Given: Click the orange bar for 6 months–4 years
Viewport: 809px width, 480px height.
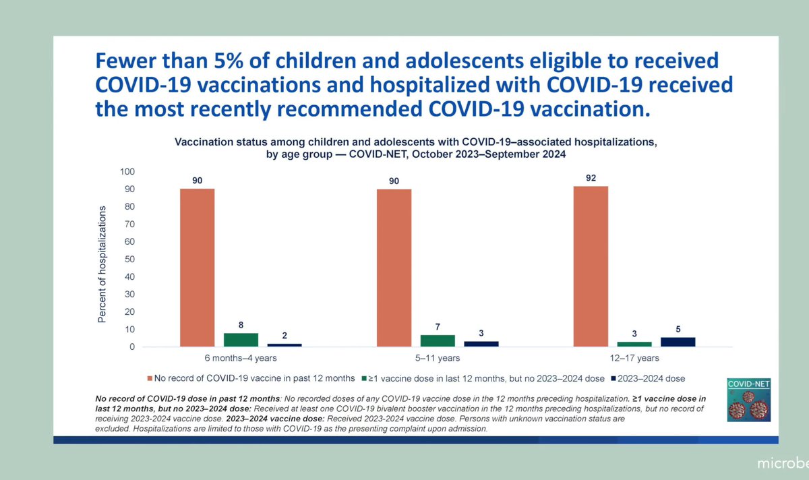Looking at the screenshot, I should click(197, 268).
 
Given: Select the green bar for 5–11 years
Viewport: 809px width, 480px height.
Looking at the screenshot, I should click(438, 340).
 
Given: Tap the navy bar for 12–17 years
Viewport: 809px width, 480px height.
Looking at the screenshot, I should click(678, 342).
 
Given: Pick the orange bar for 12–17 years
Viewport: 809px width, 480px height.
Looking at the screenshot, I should click(591, 266).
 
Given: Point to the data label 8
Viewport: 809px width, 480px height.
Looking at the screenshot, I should click(241, 325).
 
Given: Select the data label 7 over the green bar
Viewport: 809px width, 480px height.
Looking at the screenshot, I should click(438, 327).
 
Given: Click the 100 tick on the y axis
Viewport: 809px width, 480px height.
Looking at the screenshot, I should click(127, 172).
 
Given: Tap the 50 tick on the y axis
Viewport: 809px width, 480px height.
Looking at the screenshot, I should click(129, 260).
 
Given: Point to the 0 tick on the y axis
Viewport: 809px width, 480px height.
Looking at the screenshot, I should click(131, 347).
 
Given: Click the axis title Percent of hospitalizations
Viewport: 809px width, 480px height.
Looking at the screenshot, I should click(102, 265).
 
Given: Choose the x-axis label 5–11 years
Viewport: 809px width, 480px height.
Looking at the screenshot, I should click(438, 359).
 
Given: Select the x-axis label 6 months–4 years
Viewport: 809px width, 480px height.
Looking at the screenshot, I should click(241, 359).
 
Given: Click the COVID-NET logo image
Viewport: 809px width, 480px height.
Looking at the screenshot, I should click(748, 400).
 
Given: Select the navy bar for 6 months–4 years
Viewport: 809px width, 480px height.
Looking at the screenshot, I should click(284, 344).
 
